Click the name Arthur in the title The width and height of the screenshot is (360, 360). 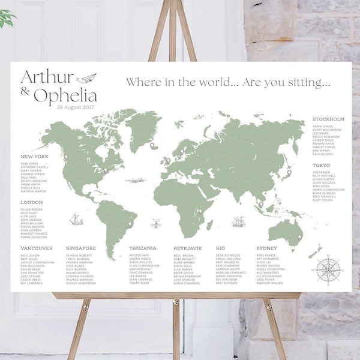[47, 77]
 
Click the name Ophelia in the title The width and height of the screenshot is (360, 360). [65, 95]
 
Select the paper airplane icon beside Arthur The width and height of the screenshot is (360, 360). [87, 77]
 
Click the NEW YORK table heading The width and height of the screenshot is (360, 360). [34, 157]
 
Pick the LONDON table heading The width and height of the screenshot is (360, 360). [32, 202]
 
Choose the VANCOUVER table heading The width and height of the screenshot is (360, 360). [36, 248]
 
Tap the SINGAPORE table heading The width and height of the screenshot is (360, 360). [81, 248]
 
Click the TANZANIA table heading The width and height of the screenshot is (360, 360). [143, 248]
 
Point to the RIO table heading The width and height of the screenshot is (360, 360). [220, 248]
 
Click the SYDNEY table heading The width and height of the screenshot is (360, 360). [266, 248]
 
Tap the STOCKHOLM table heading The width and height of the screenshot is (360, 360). [328, 119]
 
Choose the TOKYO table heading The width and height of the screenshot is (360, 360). [322, 165]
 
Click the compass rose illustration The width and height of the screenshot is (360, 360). [328, 268]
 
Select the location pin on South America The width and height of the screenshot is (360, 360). [130, 224]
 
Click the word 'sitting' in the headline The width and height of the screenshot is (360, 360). [310, 82]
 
